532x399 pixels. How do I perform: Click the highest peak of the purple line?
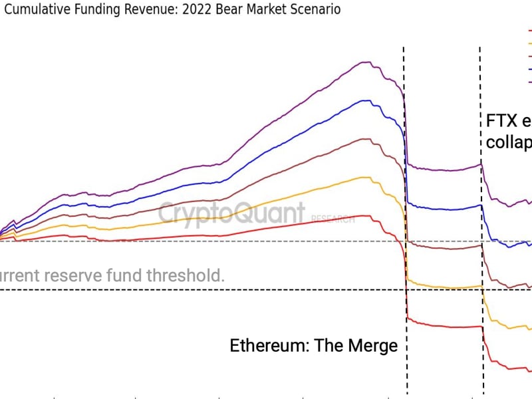tap(365, 62)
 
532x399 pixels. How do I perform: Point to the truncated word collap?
tap(509, 142)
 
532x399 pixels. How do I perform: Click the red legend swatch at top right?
tap(529, 31)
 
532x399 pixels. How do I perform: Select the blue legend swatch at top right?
tap(529, 68)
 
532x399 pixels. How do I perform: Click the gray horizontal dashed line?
tap(133, 241)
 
